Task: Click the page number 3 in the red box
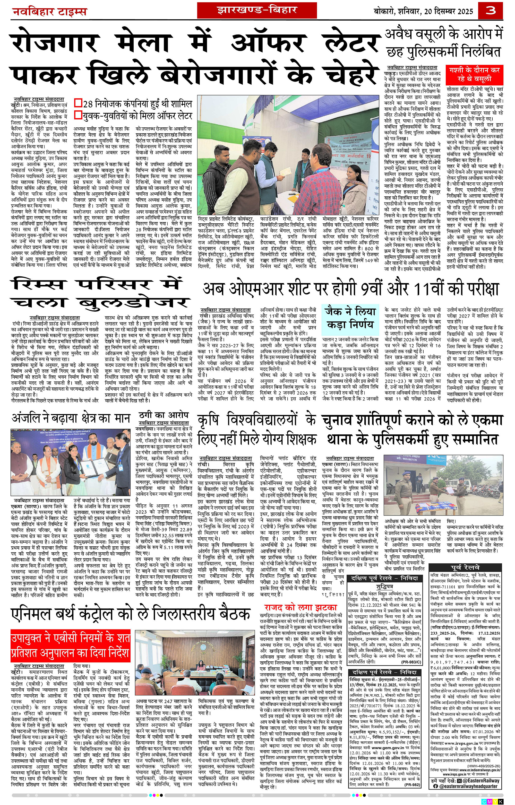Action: [496, 11]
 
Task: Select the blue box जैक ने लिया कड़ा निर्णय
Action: [350, 318]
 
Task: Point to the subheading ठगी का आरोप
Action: [164, 415]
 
